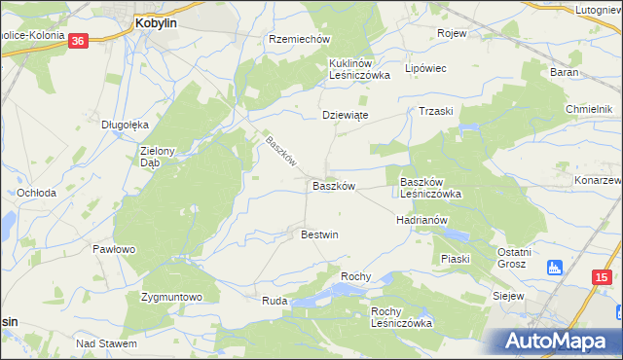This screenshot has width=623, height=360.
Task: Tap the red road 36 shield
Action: click(80, 40)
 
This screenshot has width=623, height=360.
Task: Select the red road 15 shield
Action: click(601, 277)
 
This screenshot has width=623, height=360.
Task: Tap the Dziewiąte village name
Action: click(345, 114)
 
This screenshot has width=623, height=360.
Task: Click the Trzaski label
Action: click(436, 111)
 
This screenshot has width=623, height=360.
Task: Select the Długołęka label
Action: click(125, 124)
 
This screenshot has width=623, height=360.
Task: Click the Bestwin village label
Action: click(319, 234)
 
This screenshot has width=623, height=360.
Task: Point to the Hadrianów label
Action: click(421, 220)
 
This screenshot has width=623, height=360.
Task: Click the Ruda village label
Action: click(274, 302)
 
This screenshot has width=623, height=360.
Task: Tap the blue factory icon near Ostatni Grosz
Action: click(555, 266)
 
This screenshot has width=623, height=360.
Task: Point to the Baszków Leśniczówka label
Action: click(429, 188)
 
